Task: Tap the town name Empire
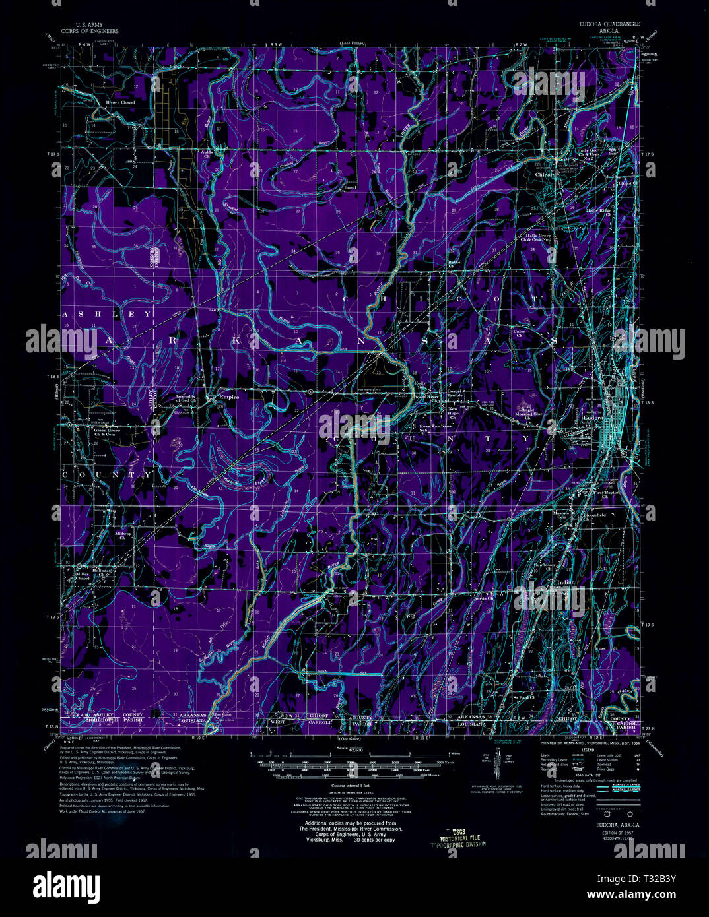coord(229,398)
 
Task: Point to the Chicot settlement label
coord(545,175)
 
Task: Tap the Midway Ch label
coord(123,535)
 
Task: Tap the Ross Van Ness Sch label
coord(433,428)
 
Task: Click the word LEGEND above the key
coord(588,750)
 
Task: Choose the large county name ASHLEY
coord(107,315)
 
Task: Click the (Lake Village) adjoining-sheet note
coord(354,44)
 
